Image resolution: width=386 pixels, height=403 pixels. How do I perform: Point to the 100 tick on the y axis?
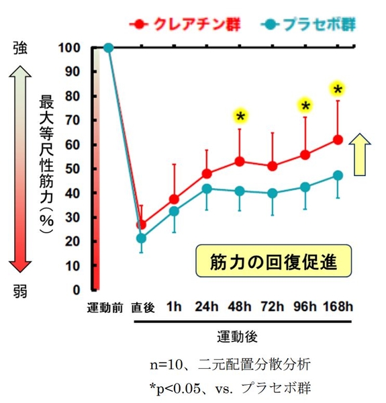pos(69,48)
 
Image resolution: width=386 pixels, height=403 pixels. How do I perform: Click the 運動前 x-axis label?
pos(105,308)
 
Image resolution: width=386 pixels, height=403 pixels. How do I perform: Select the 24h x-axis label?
pos(207,308)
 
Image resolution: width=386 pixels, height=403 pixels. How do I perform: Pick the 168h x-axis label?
pos(337,308)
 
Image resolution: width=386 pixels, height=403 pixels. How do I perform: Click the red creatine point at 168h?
pos(338,140)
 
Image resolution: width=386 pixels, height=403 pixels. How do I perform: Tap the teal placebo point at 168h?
pos(338,175)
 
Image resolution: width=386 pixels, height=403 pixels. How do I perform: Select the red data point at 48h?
pos(240,161)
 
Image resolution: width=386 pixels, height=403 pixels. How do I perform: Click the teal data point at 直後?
pos(142,238)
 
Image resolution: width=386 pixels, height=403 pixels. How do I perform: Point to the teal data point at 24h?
pos(207,189)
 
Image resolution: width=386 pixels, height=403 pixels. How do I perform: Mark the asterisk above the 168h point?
pos(338,89)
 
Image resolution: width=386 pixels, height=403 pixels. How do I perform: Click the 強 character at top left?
pos(21,48)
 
